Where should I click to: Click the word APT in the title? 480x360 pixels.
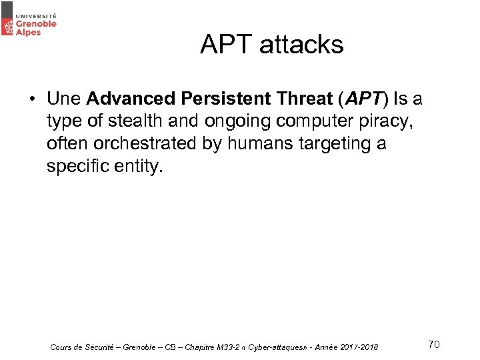(x=227, y=45)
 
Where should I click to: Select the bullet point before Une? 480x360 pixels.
(x=31, y=100)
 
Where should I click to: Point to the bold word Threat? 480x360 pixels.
(x=299, y=99)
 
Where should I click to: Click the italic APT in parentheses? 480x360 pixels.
(x=364, y=99)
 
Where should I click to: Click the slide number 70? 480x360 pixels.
(x=433, y=344)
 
